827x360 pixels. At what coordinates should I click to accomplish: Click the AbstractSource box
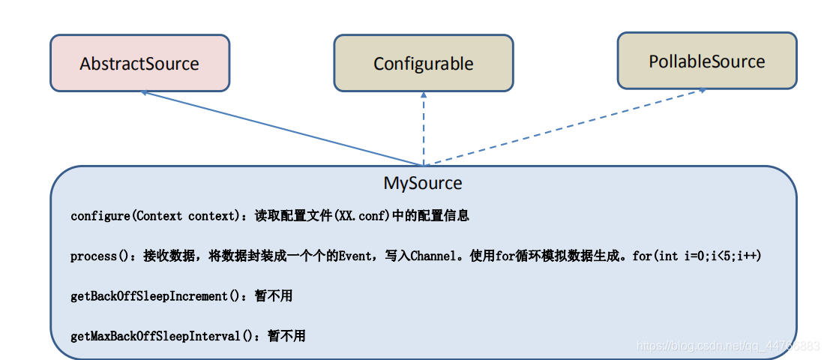(x=139, y=64)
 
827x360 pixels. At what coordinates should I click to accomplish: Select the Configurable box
(x=423, y=64)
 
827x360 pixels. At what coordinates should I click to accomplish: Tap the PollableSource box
(x=706, y=61)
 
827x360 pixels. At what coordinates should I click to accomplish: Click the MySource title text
(x=423, y=183)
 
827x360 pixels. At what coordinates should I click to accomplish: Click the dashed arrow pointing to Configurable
(x=424, y=131)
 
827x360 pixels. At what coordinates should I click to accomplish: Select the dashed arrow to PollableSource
(x=570, y=125)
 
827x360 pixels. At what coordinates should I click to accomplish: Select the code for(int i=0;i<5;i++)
(x=697, y=256)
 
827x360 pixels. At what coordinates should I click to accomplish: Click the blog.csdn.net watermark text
(x=727, y=346)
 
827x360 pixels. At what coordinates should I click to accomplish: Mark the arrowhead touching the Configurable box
(x=424, y=95)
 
